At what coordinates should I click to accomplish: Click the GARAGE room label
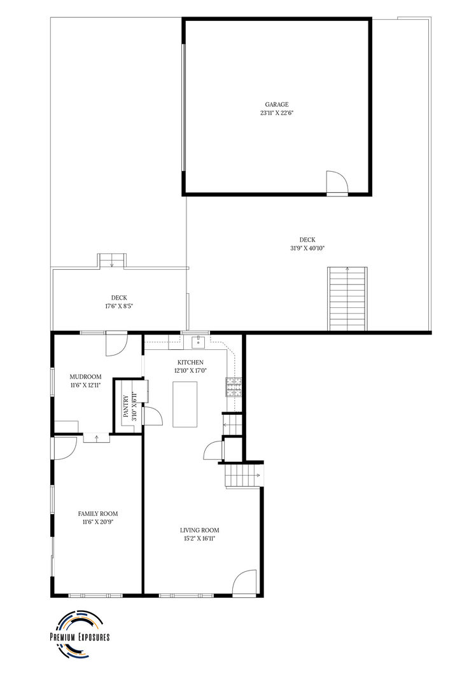click(x=277, y=104)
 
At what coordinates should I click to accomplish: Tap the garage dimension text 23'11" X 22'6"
click(x=277, y=113)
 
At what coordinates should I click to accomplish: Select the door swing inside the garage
click(x=337, y=182)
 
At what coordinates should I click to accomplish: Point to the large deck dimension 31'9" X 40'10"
click(x=307, y=248)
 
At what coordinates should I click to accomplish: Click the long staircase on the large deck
click(x=347, y=298)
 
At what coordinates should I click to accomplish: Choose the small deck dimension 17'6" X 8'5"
click(x=119, y=306)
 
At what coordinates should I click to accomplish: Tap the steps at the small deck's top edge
click(x=112, y=260)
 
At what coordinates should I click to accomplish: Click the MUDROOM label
click(x=85, y=377)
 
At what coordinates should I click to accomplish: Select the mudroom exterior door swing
click(x=116, y=343)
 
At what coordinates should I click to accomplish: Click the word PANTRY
click(x=126, y=406)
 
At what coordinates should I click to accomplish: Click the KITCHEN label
click(x=190, y=363)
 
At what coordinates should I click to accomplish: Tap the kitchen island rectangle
click(x=185, y=404)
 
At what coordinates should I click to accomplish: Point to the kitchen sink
click(x=199, y=342)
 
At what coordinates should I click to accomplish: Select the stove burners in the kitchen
click(x=234, y=387)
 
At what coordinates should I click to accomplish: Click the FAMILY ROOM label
click(x=98, y=513)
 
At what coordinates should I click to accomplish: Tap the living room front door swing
click(x=244, y=583)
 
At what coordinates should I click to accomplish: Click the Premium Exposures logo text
click(x=80, y=637)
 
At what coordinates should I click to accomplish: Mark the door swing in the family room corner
click(x=65, y=448)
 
